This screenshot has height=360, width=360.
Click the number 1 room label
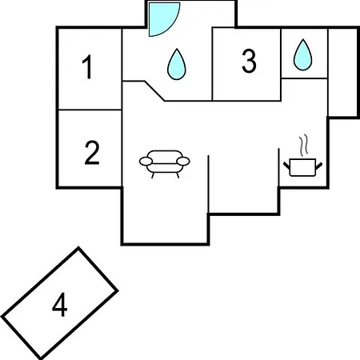point(87,67)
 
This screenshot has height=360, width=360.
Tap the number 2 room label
point(92,153)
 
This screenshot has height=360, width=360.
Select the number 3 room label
point(249,61)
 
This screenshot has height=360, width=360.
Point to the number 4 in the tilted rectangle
point(59,304)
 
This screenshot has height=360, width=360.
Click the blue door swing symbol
point(164,18)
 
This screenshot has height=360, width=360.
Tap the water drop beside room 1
point(176,64)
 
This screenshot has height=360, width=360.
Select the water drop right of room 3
point(302,55)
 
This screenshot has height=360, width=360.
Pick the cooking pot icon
point(302,167)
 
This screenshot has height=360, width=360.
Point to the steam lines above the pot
point(303,146)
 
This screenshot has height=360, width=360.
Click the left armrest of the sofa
point(146,162)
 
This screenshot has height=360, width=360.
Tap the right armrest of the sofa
point(183,162)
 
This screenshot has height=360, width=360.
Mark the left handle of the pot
point(286,166)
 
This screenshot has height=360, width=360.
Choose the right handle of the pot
point(319,166)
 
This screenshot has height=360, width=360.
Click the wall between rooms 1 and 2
point(90,110)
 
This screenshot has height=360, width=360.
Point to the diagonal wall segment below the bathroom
point(154,91)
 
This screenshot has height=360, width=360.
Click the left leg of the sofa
point(153,175)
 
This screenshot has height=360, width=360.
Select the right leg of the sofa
point(178,175)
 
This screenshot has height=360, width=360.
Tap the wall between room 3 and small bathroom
point(281,64)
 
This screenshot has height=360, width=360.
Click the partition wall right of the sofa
point(208,184)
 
